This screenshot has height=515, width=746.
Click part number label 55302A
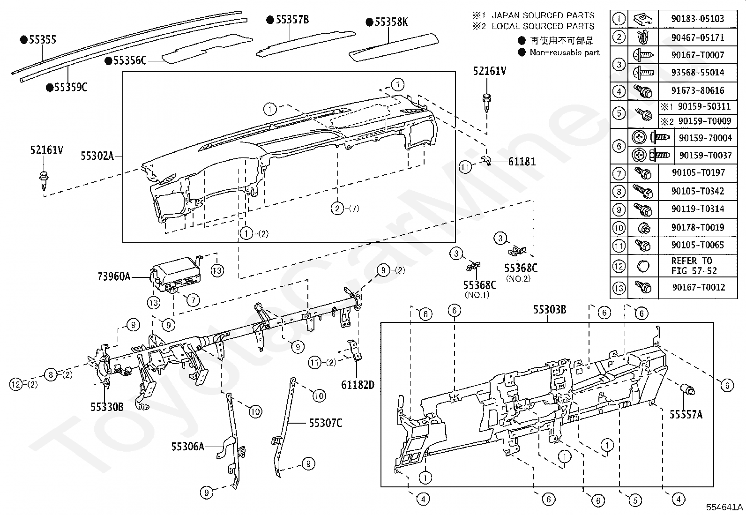tap(97, 156)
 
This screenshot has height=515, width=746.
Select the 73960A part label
tap(114, 276)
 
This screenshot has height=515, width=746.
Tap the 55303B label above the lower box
tap(550, 309)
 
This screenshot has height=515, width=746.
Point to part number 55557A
tap(686, 414)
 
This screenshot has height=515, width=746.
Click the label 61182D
tap(358, 385)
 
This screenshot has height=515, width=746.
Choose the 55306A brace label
tap(187, 447)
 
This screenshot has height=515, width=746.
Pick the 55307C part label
tap(325, 423)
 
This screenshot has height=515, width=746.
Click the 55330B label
tap(107, 407)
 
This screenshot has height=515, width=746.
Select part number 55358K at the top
tap(391, 22)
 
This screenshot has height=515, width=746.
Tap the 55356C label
tap(130, 60)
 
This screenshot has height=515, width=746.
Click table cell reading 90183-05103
tap(698, 19)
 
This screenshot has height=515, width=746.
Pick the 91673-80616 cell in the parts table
tap(698, 90)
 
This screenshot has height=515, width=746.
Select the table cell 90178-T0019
tap(698, 228)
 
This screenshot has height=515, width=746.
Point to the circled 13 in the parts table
tap(619, 287)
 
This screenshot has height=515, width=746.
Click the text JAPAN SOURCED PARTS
tap(543, 15)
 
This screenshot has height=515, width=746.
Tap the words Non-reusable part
tap(565, 52)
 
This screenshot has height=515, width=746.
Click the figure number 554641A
tap(724, 507)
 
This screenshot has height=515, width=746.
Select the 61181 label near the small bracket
tap(522, 162)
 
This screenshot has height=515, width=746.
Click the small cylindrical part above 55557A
tap(686, 390)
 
